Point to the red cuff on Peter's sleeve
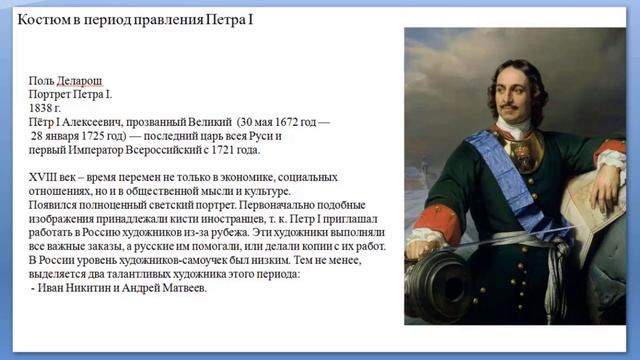point(440,222)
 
